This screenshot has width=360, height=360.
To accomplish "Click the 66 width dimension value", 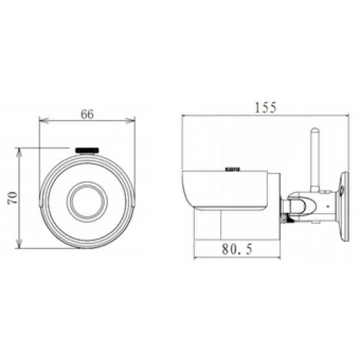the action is tap(87, 114).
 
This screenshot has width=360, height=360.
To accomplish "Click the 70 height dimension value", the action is tap(12, 197).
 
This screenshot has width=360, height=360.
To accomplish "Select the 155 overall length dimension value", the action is tap(266, 107).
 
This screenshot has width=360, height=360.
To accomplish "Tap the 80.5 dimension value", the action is tap(237, 249).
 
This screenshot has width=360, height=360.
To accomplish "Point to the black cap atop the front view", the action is tap(87, 150).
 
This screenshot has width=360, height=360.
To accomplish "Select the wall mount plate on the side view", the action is tap(344, 207).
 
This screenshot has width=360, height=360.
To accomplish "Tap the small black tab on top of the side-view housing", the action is tap(233, 169).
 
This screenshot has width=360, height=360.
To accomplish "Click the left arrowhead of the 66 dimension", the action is tap(42, 120).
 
